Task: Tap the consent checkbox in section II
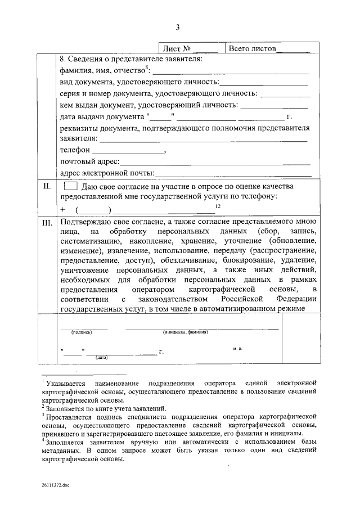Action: (x=70, y=186)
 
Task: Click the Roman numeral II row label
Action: (x=48, y=186)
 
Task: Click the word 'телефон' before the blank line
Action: (x=75, y=151)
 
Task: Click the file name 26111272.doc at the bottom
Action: (x=55, y=484)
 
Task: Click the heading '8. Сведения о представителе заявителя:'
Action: (x=130, y=59)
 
